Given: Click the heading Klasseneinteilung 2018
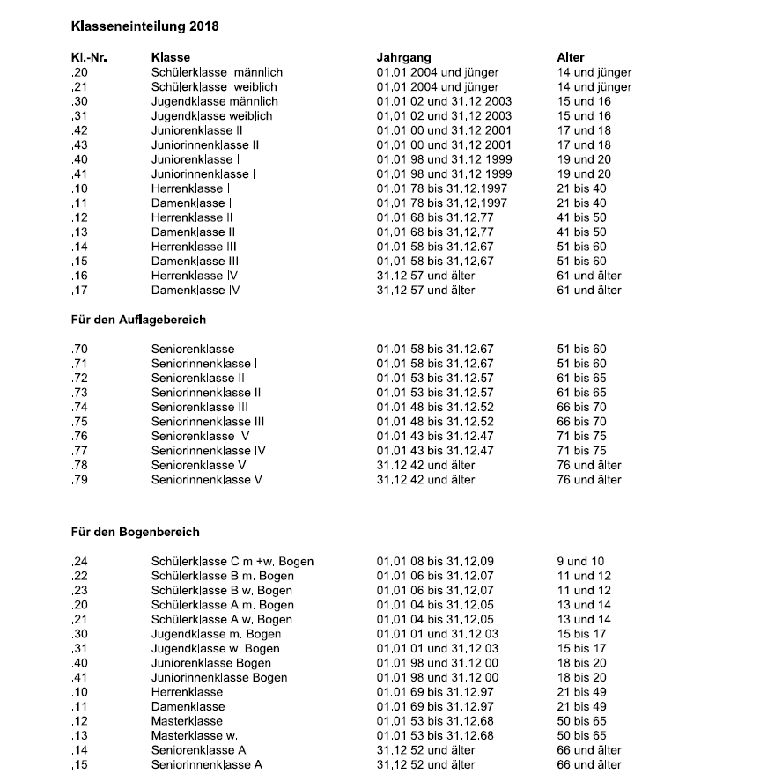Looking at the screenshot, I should pos(144,26).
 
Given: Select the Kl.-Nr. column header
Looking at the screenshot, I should pos(89,58).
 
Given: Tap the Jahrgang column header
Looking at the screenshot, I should pos(404,58).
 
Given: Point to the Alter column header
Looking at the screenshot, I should pos(571,58).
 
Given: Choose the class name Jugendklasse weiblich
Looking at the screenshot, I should pos(211,116).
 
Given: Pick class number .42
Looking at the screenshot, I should pos(79,130).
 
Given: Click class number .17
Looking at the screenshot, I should pos(79,290).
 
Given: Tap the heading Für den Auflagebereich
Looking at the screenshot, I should pos(138,320).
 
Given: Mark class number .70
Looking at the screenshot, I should pos(79,349).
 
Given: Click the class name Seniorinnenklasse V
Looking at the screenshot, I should pos(207,480).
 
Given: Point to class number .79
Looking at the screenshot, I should pos(79,480).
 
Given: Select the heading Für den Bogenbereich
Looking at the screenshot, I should pos(135,532).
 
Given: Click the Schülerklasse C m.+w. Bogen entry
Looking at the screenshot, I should pos(232,561).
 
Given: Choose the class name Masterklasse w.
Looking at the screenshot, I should pos(195,735).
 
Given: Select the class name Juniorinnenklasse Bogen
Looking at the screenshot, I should pos(219,677).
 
